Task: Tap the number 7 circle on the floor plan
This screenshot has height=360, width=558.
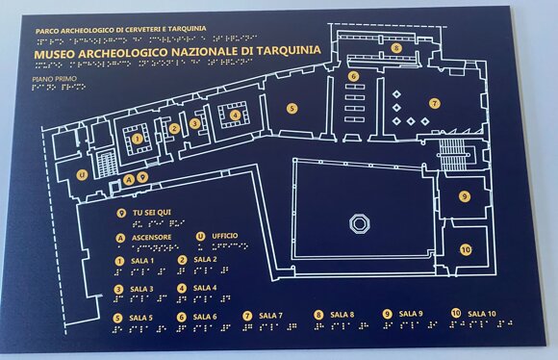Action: (434, 103)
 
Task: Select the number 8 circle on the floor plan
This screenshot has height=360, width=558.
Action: (395, 47)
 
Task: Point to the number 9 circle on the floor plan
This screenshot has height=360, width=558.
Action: (464, 196)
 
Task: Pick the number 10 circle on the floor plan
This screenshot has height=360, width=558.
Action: (466, 249)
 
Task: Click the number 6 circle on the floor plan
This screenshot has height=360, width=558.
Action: (354, 76)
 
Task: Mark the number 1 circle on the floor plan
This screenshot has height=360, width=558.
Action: (138, 139)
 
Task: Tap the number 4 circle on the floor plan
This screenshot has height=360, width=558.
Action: (234, 116)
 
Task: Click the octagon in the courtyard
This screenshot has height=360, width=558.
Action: (360, 223)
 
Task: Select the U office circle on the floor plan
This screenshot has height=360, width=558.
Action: (83, 174)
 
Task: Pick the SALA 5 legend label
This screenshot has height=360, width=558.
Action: (140, 317)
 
